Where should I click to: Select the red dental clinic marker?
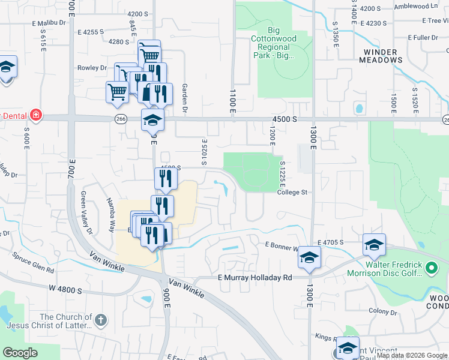36,114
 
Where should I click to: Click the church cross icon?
101,320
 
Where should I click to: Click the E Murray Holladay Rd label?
255,278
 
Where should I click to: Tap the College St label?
292,193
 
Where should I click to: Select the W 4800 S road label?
65,289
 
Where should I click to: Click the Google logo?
20,353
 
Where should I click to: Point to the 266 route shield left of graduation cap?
121,119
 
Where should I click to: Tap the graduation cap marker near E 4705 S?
373,245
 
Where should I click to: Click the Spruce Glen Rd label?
34,262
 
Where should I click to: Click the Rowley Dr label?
92,68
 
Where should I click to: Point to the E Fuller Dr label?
422,37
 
